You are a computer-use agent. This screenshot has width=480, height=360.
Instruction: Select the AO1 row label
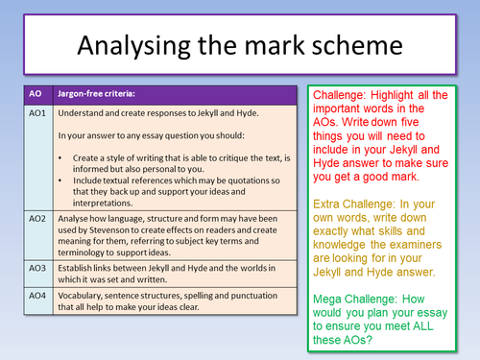point(35,113)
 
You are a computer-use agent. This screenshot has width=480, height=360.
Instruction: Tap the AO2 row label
point(35,219)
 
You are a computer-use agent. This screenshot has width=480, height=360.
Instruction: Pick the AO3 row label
point(35,272)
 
